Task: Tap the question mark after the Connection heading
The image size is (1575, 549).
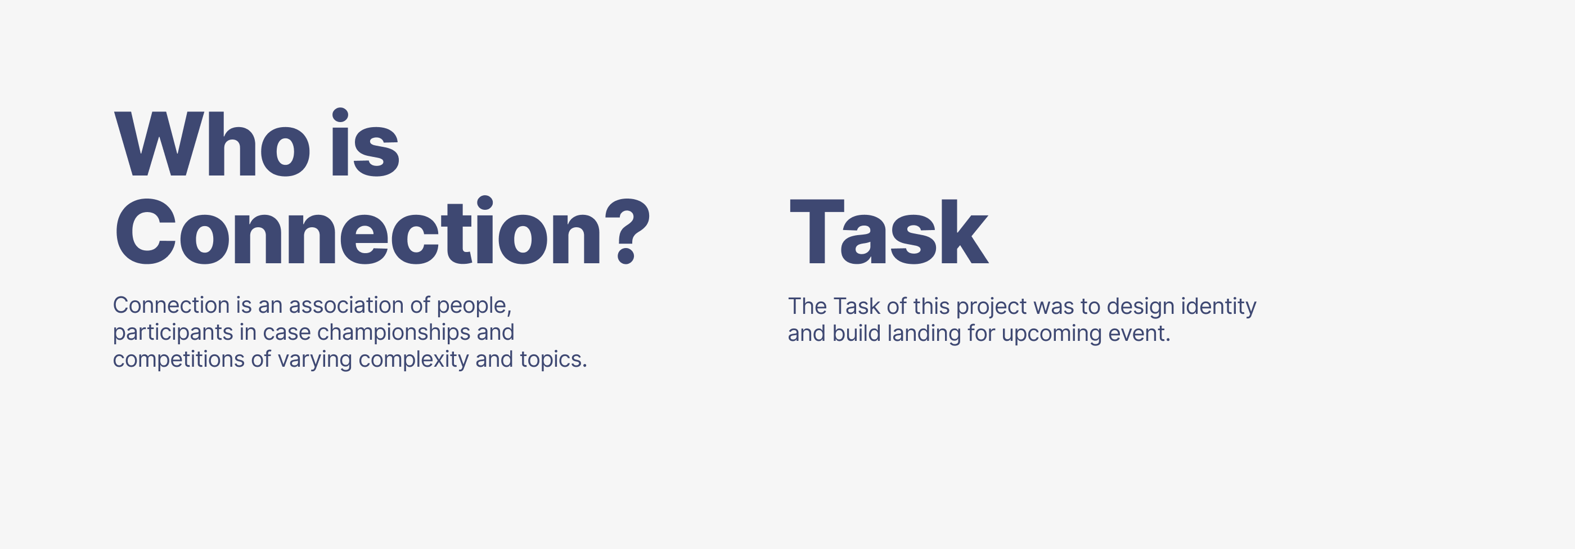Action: pos(627,231)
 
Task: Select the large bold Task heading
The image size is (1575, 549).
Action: pos(888,232)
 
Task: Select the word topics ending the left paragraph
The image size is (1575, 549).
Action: pos(553,359)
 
